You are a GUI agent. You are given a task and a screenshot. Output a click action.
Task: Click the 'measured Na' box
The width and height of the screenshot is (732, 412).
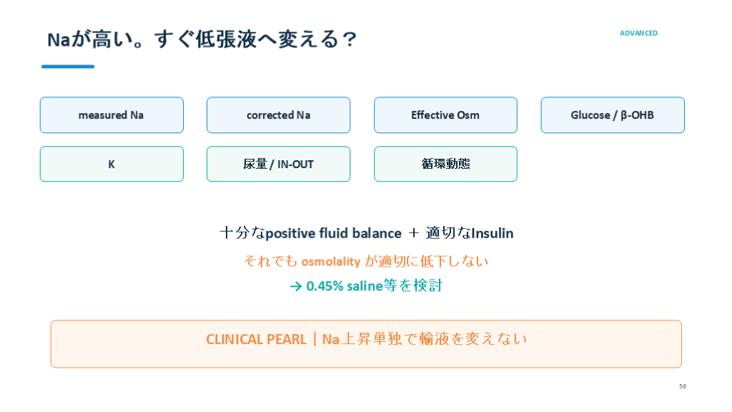(112, 115)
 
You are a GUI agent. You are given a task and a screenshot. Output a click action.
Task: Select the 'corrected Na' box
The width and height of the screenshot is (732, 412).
(278, 115)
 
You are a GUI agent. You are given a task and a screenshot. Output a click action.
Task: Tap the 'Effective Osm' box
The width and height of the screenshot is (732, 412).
(445, 115)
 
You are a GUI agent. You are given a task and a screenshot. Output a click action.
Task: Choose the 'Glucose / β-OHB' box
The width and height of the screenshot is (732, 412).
(613, 115)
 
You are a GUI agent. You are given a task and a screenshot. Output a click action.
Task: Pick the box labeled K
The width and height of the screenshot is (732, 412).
(112, 164)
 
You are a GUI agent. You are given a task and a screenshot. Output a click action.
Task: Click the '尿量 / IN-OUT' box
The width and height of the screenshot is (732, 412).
(278, 164)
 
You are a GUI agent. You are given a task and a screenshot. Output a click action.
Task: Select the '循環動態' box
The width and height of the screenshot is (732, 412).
(445, 164)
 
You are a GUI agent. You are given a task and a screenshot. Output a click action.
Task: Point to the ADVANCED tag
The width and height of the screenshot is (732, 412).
(638, 33)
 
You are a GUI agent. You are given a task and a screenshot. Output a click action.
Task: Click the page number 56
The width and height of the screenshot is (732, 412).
(683, 386)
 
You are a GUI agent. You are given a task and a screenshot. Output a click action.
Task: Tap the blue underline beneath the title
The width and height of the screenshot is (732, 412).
(68, 67)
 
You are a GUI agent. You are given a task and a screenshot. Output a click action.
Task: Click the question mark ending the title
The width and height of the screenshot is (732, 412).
(349, 39)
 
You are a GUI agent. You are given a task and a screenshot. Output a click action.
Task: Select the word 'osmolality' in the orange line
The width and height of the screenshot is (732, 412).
(331, 262)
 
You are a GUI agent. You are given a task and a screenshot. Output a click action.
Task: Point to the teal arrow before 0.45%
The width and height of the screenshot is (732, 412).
(296, 286)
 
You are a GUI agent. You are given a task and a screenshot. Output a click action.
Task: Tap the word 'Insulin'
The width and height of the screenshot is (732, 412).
(493, 233)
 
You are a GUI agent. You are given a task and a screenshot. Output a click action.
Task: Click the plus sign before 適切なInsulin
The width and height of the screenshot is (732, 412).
(414, 233)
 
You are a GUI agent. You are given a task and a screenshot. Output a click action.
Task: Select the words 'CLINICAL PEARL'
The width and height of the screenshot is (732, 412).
(256, 339)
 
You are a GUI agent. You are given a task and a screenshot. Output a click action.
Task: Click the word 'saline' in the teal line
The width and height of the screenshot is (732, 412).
(365, 286)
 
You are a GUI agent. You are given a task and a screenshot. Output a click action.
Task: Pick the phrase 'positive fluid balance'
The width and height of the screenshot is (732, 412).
(333, 233)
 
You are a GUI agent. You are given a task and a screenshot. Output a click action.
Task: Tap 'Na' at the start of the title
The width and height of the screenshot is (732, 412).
(59, 40)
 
